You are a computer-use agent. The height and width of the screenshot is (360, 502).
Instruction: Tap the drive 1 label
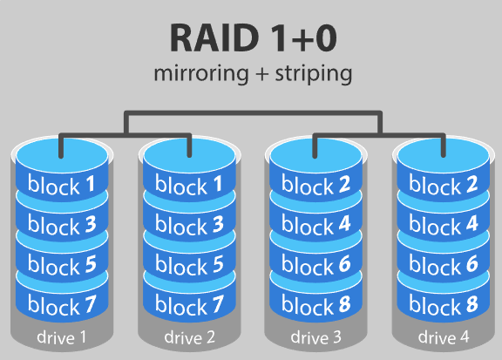click(x=61, y=336)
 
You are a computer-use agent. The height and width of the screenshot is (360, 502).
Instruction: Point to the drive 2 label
click(x=187, y=336)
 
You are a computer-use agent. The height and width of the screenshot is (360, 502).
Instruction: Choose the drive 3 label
click(x=314, y=336)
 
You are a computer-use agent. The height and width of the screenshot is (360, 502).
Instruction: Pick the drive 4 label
click(x=440, y=336)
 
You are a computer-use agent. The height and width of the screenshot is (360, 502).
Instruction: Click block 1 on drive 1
click(x=61, y=185)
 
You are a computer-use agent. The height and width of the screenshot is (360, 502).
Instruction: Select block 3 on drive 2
click(x=187, y=226)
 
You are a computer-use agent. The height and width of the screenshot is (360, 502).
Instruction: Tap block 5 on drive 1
click(x=61, y=265)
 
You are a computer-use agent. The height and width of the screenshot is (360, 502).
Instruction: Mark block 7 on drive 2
click(x=187, y=305)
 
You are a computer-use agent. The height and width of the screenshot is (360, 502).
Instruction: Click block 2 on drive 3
click(x=314, y=185)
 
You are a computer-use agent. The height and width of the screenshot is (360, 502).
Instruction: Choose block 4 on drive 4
click(x=440, y=226)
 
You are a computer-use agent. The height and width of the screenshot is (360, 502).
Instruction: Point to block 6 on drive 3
click(x=314, y=265)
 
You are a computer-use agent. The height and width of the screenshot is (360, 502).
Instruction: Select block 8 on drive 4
click(x=440, y=305)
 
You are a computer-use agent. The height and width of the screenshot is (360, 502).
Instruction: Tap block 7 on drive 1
click(x=61, y=305)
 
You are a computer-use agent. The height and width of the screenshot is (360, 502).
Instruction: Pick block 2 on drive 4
click(x=440, y=185)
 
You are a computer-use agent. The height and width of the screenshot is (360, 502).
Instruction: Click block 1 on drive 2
click(x=187, y=185)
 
